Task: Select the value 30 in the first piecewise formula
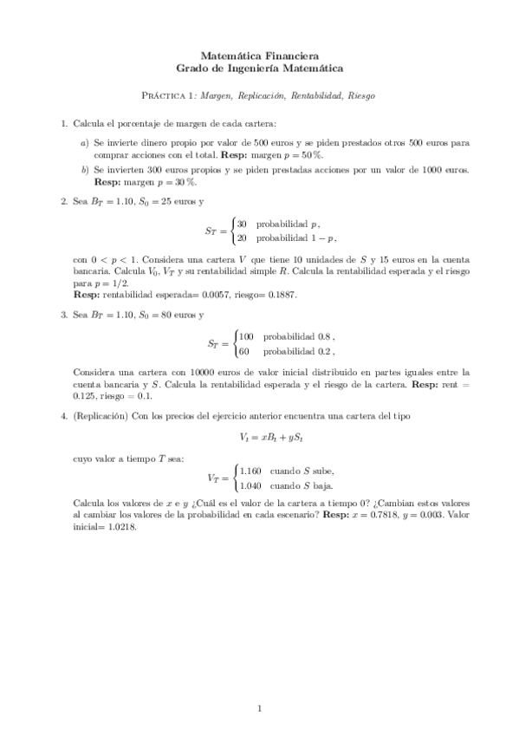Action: tap(243, 224)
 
